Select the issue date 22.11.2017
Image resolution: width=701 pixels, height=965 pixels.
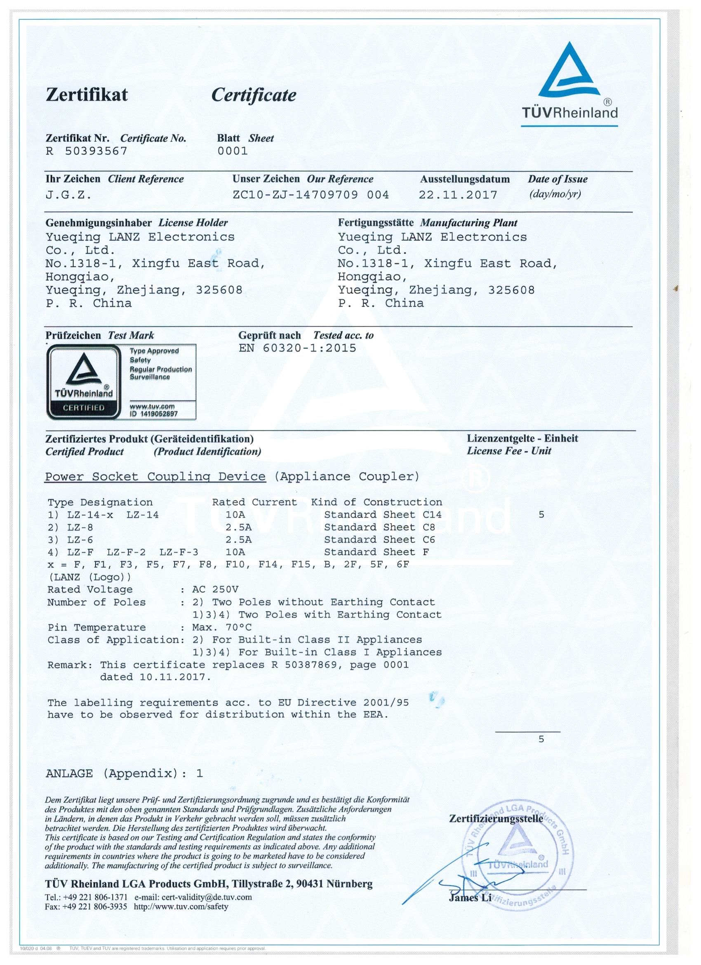(x=458, y=195)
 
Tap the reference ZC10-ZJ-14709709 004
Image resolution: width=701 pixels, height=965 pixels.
(x=311, y=195)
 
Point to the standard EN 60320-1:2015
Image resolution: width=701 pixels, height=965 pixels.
(x=298, y=348)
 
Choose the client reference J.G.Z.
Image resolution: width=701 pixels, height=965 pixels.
(x=68, y=195)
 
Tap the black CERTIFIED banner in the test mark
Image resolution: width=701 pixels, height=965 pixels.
(x=84, y=408)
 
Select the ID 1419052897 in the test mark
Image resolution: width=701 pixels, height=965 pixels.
(x=153, y=414)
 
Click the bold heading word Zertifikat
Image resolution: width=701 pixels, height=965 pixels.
(x=87, y=95)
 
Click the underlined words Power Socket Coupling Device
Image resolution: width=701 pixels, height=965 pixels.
(x=155, y=477)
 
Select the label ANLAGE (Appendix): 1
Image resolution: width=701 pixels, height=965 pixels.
(x=124, y=773)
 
